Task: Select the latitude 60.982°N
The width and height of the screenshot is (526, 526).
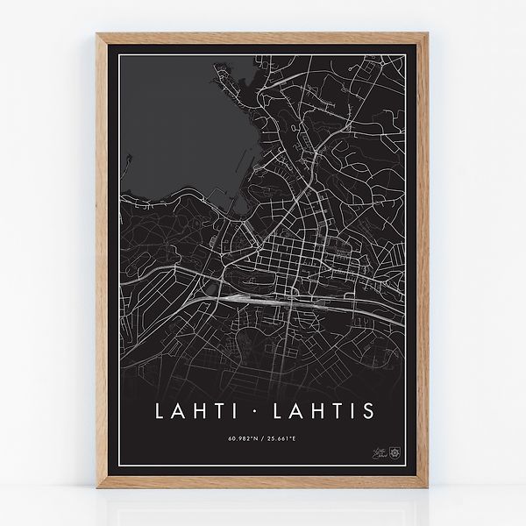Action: (243, 437)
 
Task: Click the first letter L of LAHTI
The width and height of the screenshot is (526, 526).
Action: (158, 410)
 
